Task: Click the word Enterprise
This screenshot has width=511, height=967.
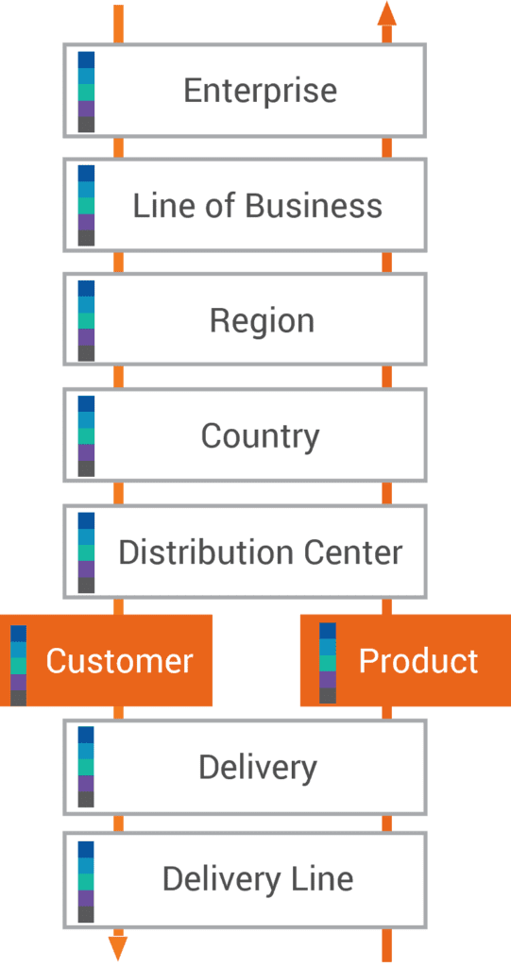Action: pos(261,92)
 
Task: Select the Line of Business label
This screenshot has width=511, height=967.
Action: pos(257,206)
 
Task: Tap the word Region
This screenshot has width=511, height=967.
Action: pos(262,322)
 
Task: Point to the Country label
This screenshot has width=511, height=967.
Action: pos(260,437)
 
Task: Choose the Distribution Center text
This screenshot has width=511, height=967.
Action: pos(260,552)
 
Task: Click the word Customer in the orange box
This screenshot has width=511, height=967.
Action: pos(119,661)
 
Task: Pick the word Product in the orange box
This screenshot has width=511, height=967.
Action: pos(418,660)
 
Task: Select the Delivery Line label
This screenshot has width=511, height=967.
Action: pos(257,879)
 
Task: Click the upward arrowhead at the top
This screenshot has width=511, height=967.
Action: pos(387,13)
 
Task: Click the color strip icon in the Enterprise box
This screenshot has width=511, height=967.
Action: pos(86,92)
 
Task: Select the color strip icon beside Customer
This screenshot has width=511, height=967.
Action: pos(19,666)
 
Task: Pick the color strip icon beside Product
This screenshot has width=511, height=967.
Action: pos(328,663)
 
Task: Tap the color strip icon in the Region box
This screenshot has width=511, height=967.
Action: pos(86,321)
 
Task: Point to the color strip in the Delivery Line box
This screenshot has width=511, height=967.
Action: pos(86,882)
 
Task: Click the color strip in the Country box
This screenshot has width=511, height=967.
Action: pos(86,436)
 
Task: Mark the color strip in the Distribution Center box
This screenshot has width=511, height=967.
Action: pos(86,552)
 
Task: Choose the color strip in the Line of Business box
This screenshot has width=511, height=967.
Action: pos(86,205)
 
